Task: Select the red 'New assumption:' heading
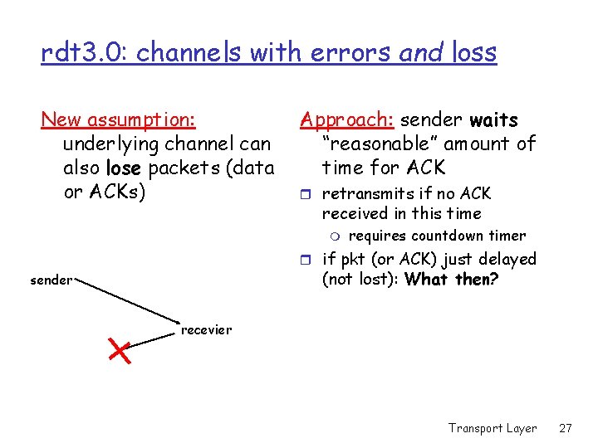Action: click(x=119, y=119)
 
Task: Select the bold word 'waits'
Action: click(x=493, y=119)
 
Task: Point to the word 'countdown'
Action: click(x=449, y=236)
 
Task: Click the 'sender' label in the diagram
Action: click(x=51, y=280)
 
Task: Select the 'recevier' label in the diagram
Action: click(x=206, y=330)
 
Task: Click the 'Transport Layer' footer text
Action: click(x=493, y=428)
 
